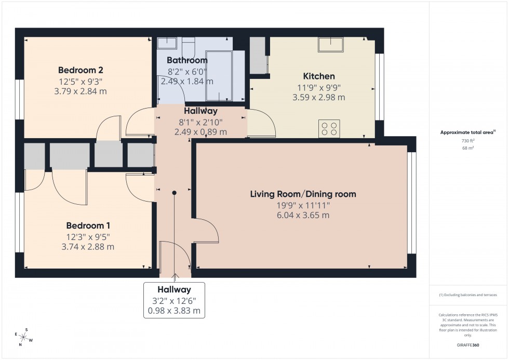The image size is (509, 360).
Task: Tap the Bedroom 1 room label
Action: point(88,225)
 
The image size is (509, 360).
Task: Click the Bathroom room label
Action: point(187,60)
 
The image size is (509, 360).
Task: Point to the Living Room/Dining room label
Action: point(303,194)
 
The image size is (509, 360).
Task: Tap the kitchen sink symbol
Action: point(331,45)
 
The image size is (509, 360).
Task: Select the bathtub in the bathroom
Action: point(220,75)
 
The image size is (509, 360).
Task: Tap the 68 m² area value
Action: point(468,148)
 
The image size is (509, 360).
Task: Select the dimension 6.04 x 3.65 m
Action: point(303,215)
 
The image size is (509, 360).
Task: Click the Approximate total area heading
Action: point(467,132)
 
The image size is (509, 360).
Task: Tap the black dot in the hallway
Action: point(175,193)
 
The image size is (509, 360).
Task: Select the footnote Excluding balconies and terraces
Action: point(468,295)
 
